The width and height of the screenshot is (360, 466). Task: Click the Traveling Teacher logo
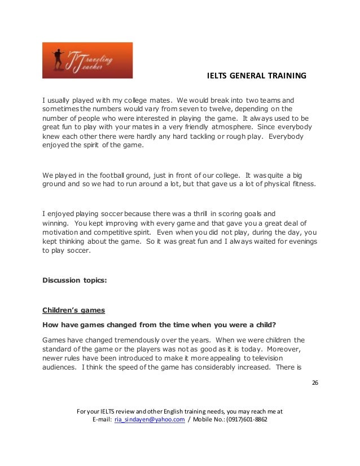(87, 60)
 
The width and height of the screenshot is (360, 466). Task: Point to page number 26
(315, 383)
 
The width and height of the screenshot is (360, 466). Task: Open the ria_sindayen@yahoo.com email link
(150, 420)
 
